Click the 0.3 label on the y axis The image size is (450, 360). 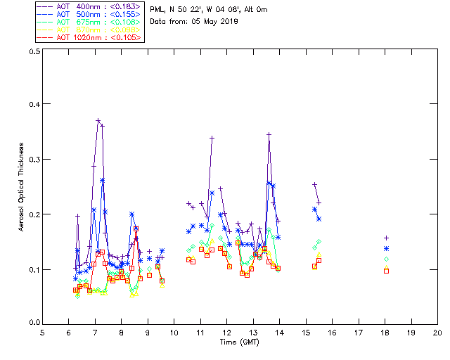pos(34,160)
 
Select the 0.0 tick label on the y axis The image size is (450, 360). pos(34,323)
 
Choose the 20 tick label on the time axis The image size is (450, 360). pos(437,333)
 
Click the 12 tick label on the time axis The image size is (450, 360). pos(226,333)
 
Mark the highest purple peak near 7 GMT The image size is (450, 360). pos(98,120)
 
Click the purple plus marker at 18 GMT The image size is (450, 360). pos(386,238)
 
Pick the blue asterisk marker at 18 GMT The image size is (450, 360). pos(386,249)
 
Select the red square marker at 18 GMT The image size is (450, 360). pos(386,271)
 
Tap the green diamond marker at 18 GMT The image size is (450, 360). pos(386,259)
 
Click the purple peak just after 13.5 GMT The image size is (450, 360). pos(269,134)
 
